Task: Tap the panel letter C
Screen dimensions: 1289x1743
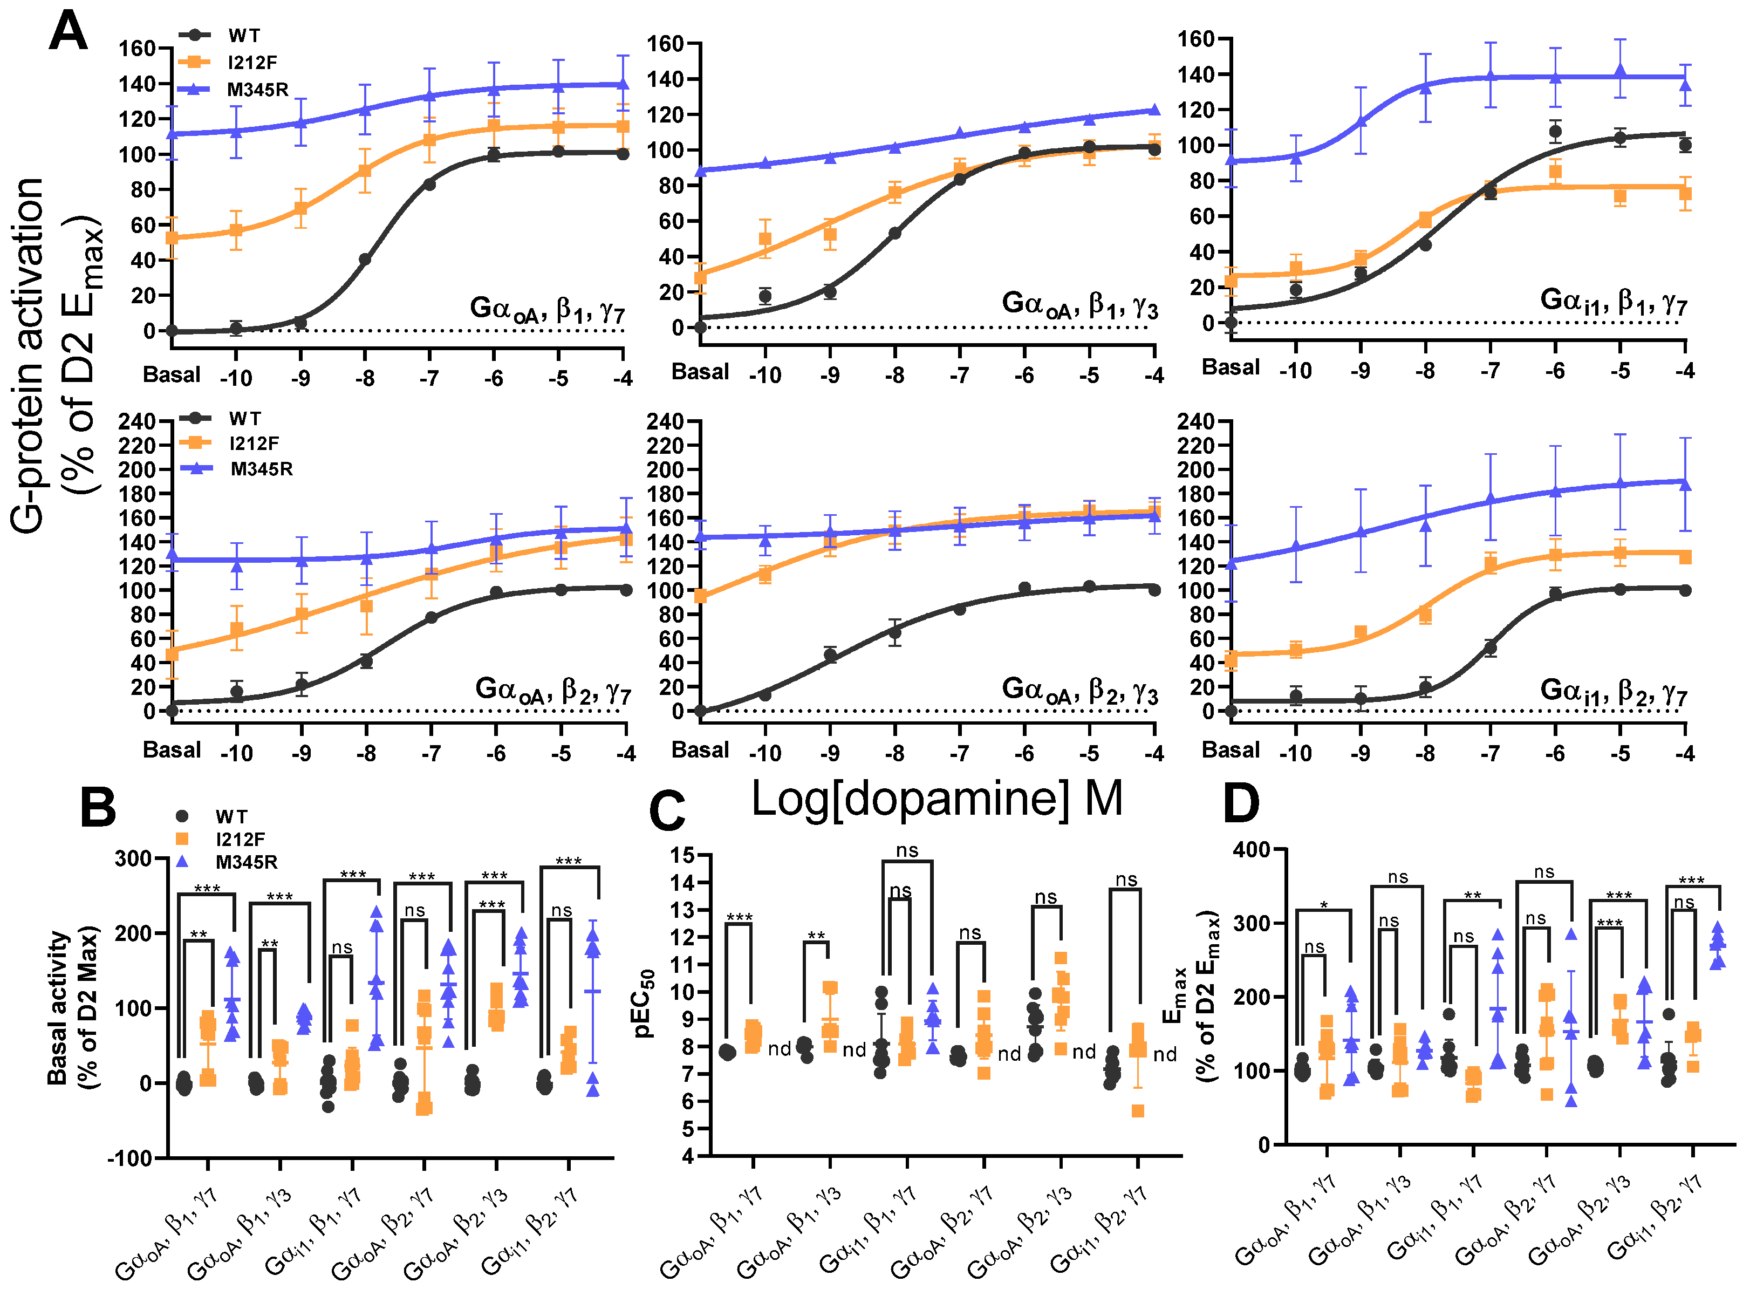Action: tap(667, 811)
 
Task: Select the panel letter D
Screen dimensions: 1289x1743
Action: tap(1241, 804)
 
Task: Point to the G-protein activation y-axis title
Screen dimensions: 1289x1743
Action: tap(54, 355)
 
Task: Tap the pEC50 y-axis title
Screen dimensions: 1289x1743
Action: tap(645, 1002)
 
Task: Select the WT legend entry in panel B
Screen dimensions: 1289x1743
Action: tap(230, 816)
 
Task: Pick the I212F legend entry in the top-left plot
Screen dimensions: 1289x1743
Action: tap(251, 63)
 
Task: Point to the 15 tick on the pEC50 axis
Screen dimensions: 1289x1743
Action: tap(682, 855)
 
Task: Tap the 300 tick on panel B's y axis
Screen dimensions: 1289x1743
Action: tap(133, 859)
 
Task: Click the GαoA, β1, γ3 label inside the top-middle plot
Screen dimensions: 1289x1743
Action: tap(1078, 304)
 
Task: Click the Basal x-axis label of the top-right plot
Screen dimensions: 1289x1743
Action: tap(1231, 367)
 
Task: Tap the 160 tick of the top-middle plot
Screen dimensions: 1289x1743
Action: tap(665, 44)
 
